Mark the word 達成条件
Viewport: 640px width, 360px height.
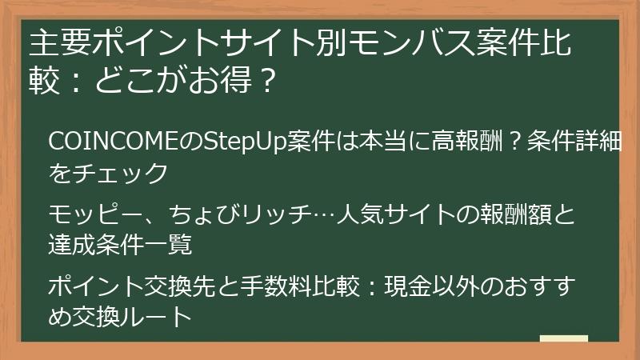(x=95, y=245)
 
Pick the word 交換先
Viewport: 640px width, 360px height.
(x=173, y=286)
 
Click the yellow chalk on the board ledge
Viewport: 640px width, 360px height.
(x=563, y=338)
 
